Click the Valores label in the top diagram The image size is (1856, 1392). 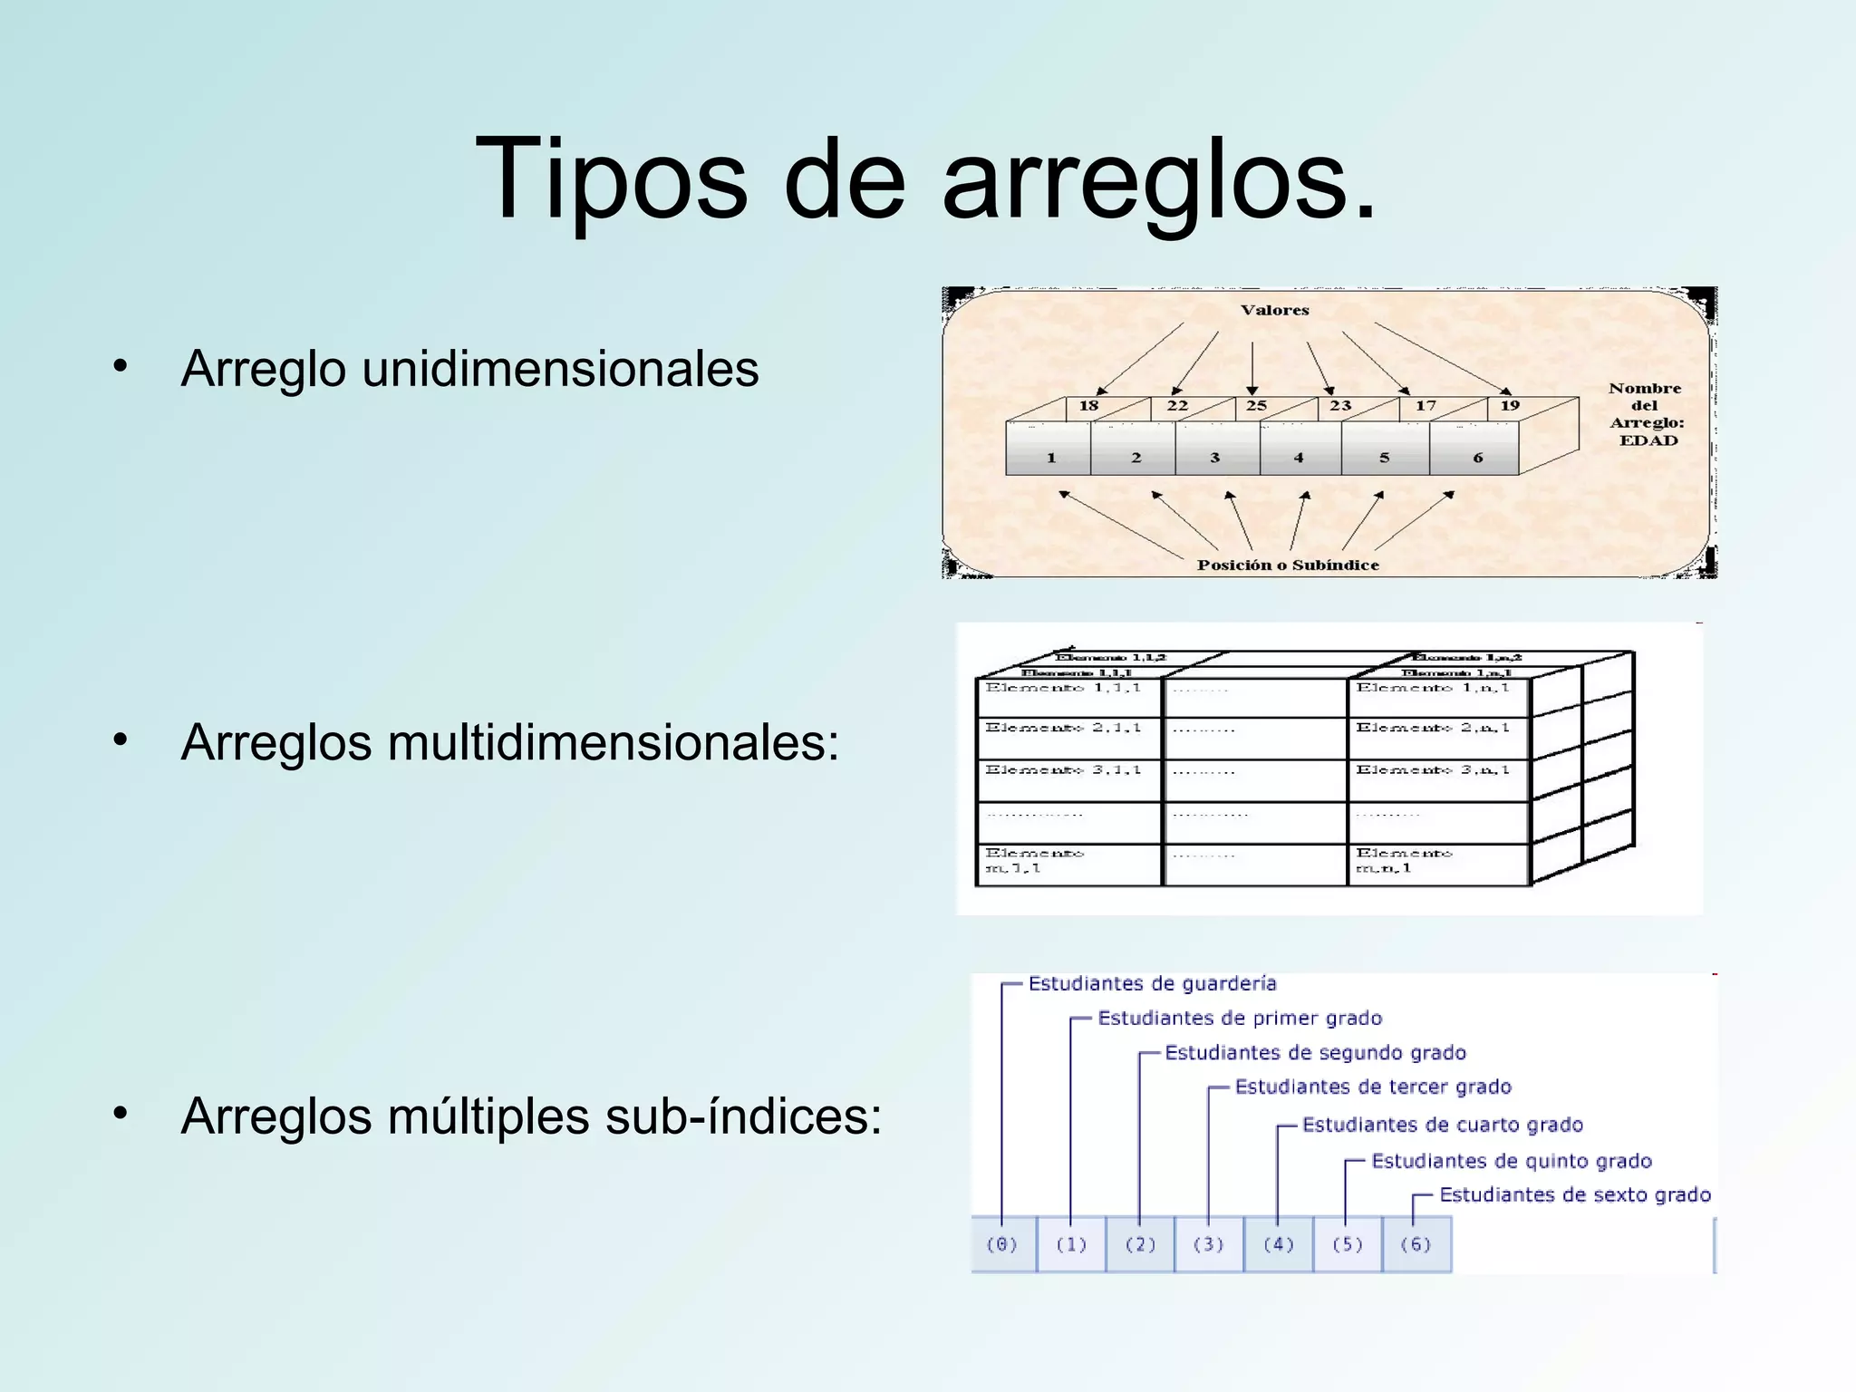1274,310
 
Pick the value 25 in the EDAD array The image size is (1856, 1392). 1256,406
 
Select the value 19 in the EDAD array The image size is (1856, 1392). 1510,406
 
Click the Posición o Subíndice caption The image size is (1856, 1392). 1288,565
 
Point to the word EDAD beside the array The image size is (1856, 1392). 1648,440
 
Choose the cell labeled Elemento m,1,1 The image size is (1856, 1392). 1068,864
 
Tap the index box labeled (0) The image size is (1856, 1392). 1002,1244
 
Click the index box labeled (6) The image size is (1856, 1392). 1416,1244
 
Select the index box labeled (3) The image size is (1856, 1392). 1209,1244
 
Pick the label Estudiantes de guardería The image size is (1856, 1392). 1152,984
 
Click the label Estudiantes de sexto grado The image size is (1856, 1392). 1575,1195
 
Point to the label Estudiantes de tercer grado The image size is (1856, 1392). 1373,1087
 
